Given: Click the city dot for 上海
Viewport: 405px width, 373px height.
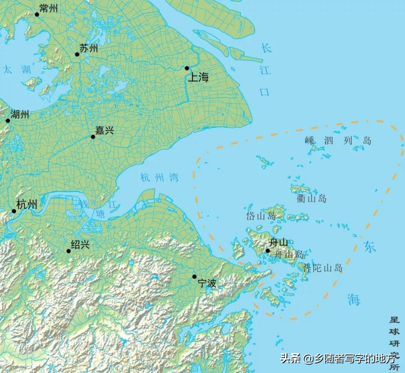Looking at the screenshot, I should pyautogui.click(x=187, y=68).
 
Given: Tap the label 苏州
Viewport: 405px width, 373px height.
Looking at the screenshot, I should pyautogui.click(x=89, y=48).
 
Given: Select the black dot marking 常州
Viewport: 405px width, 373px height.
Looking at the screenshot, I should pyautogui.click(x=37, y=15).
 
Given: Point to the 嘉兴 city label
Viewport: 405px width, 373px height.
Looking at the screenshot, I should pyautogui.click(x=104, y=130).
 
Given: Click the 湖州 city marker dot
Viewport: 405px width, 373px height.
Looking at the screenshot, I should pyautogui.click(x=8, y=121).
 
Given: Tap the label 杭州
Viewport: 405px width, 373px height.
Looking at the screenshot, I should pyautogui.click(x=27, y=204).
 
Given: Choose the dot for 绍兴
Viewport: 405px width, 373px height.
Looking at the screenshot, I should pyautogui.click(x=69, y=251).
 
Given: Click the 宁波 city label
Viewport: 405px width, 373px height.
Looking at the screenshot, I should pyautogui.click(x=207, y=283).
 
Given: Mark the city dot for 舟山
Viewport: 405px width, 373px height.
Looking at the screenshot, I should pyautogui.click(x=268, y=251).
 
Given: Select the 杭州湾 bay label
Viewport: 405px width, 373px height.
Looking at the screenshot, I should pyautogui.click(x=160, y=178).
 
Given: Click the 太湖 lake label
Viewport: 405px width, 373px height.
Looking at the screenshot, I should pyautogui.click(x=16, y=69).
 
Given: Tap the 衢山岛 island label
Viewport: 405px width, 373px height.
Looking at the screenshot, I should pyautogui.click(x=312, y=198).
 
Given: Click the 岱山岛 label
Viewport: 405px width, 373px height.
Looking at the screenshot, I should pyautogui.click(x=261, y=216).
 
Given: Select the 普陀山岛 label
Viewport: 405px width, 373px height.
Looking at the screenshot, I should pyautogui.click(x=323, y=268).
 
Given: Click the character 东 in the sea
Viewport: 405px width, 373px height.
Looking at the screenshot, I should pyautogui.click(x=369, y=246).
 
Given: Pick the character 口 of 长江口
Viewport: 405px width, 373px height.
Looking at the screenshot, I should pyautogui.click(x=265, y=92).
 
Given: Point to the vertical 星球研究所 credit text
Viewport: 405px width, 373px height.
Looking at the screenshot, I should pyautogui.click(x=394, y=343).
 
